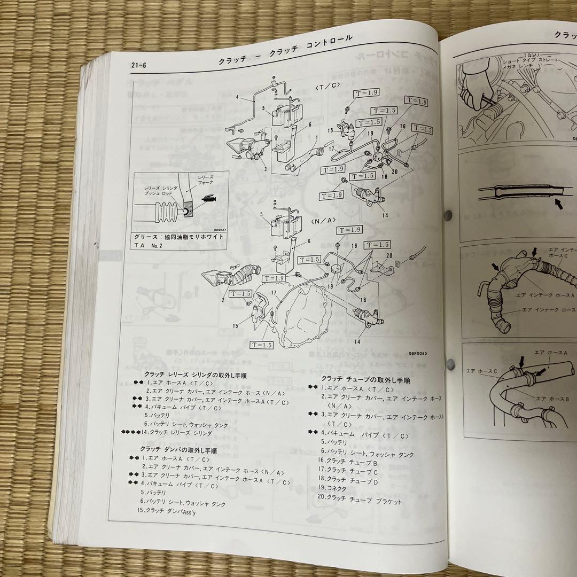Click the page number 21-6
(x=138, y=65)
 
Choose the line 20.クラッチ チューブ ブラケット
(x=359, y=501)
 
